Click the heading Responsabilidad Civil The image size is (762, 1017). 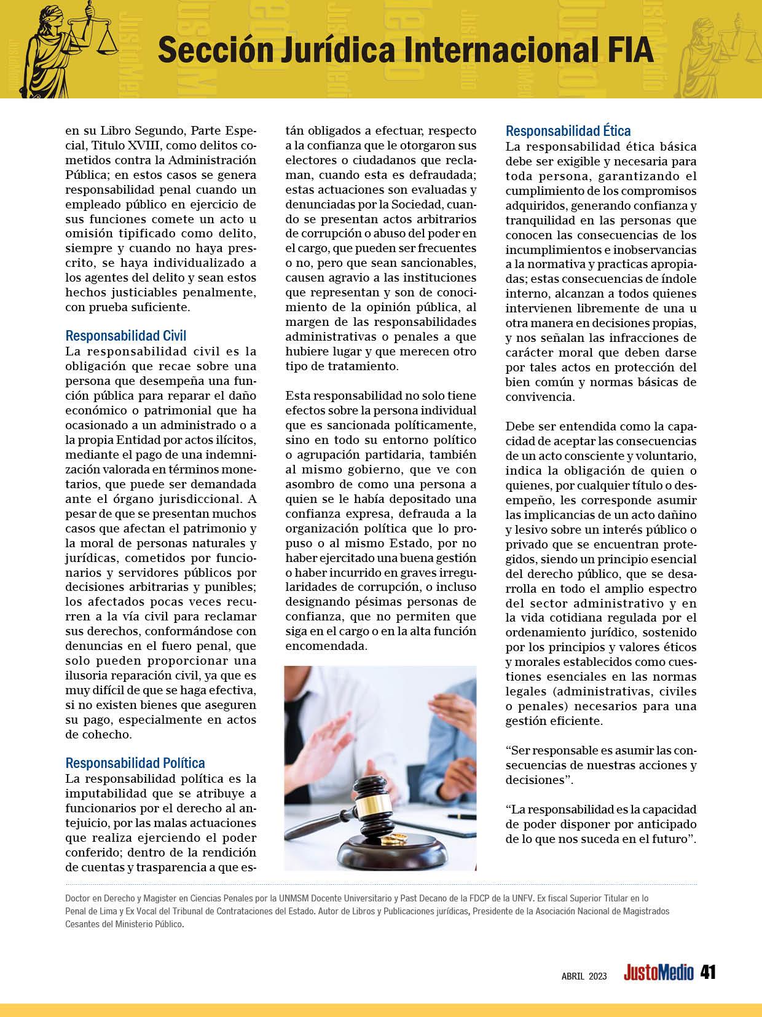pos(125,336)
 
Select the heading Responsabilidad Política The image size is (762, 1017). pos(135,763)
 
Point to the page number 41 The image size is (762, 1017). pos(708,972)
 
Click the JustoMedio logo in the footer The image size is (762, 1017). pos(658,973)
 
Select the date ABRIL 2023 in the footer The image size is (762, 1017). pos(584,976)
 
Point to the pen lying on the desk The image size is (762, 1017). pos(462,816)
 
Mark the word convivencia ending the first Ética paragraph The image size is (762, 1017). pos(540,397)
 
